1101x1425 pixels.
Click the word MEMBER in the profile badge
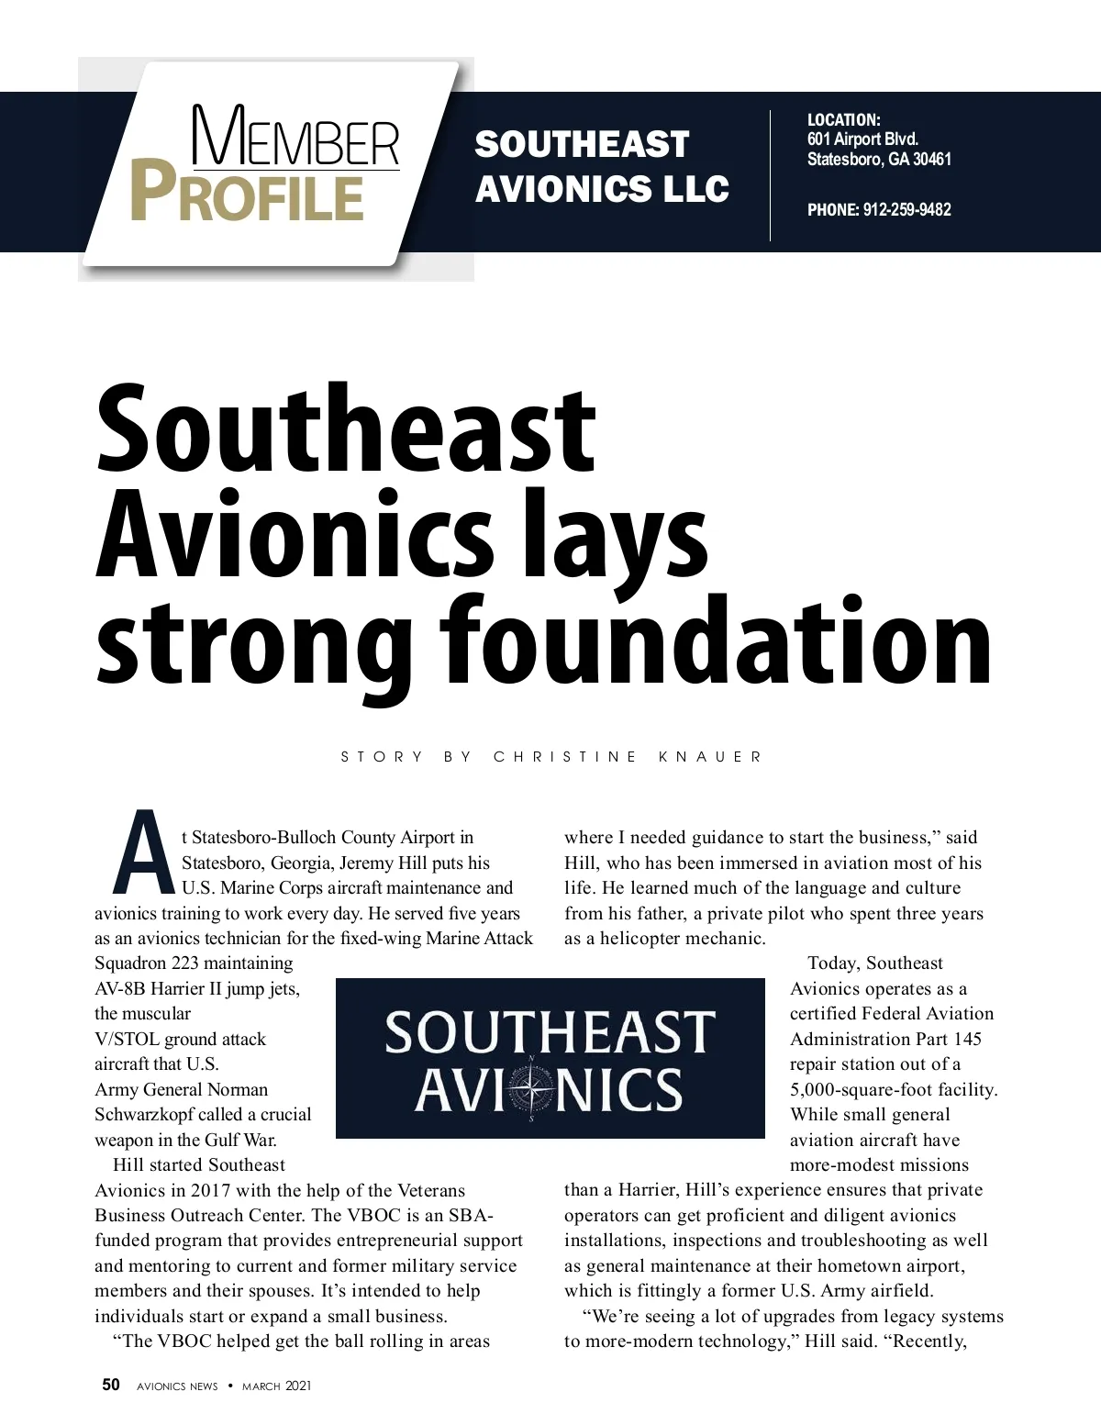pos(296,139)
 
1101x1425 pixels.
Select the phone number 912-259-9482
pos(906,210)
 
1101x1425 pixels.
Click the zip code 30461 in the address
pos(932,160)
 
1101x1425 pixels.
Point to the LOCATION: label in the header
pos(843,120)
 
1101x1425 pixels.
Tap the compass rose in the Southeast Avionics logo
pos(531,1088)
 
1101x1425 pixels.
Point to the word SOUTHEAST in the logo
pos(550,1032)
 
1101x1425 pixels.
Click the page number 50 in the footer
pos(111,1386)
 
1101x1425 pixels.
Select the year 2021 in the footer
pos(298,1386)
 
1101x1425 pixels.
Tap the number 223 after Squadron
pos(186,963)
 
